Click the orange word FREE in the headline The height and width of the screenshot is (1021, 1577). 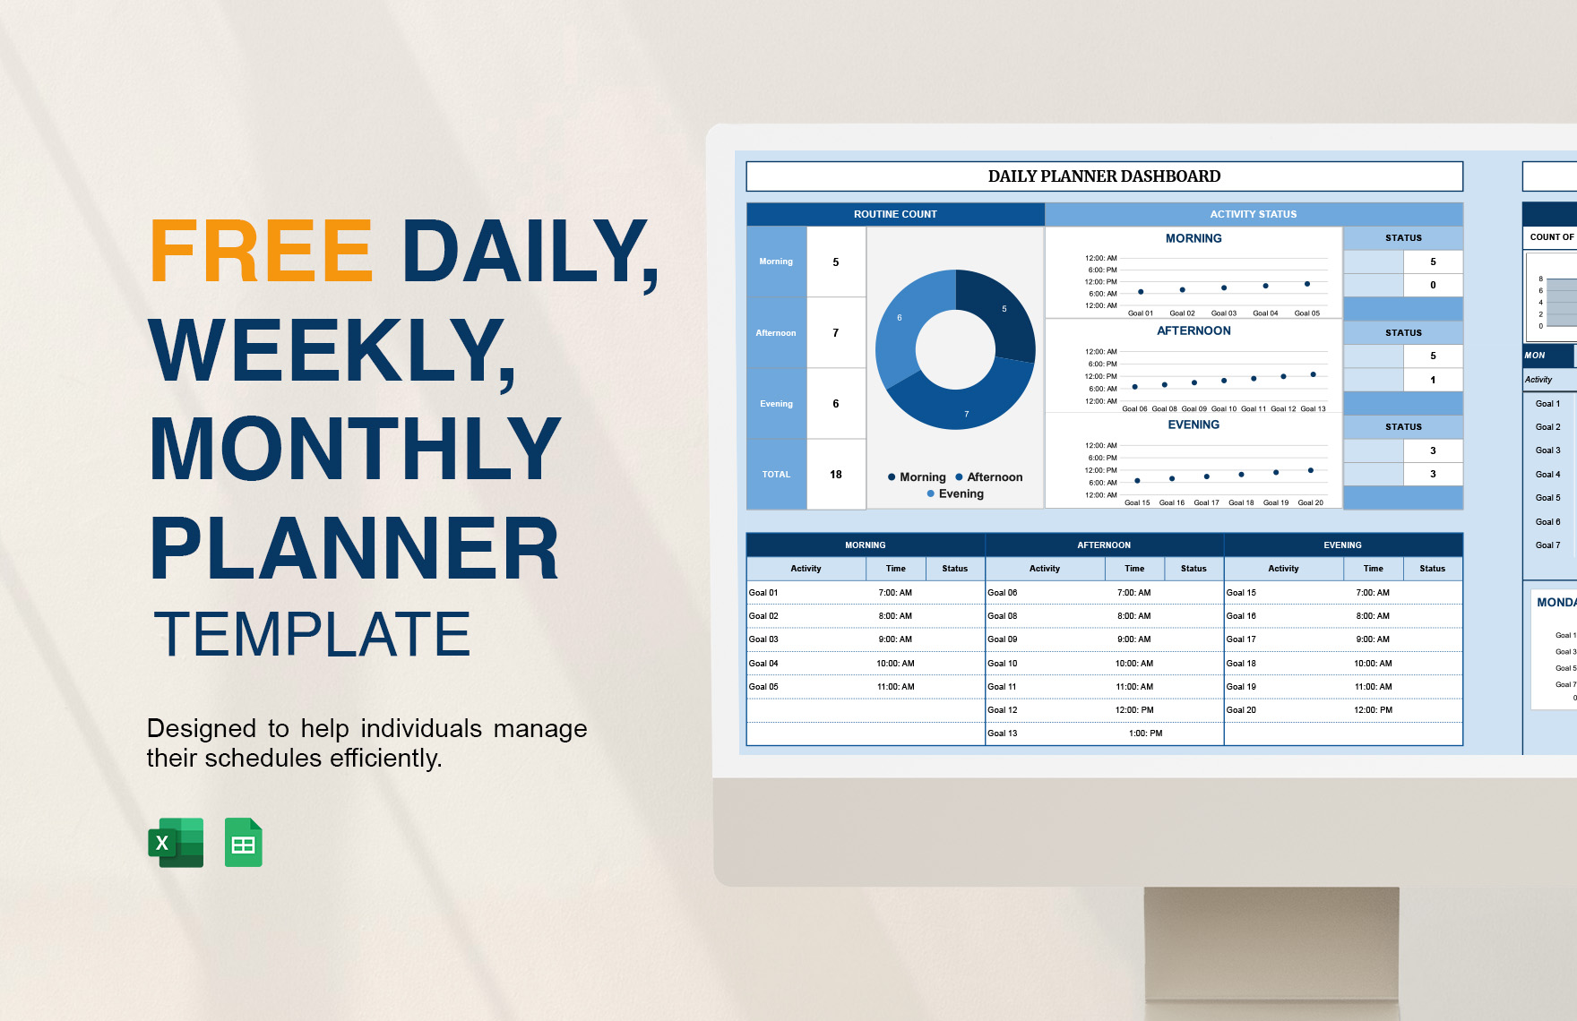click(x=261, y=252)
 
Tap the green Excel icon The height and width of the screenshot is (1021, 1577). click(x=177, y=843)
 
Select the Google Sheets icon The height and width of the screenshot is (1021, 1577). click(x=243, y=843)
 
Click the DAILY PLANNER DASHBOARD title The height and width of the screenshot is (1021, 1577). click(x=1104, y=176)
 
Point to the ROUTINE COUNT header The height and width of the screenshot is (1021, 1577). click(x=895, y=214)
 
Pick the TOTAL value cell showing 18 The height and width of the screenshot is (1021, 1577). click(x=836, y=475)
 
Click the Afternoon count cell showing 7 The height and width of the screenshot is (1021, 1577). click(x=836, y=333)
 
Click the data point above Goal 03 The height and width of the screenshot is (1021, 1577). click(x=1224, y=287)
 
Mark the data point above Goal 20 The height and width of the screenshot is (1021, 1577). click(x=1311, y=470)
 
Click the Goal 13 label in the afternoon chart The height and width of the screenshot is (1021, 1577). click(x=1314, y=409)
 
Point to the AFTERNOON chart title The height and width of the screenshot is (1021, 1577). click(x=1194, y=331)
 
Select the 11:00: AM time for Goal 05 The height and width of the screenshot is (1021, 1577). click(x=895, y=687)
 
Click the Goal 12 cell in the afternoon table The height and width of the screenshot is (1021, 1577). click(x=1003, y=710)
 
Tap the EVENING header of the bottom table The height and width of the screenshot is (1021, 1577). click(x=1342, y=545)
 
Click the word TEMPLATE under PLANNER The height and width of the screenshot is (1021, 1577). click(x=312, y=634)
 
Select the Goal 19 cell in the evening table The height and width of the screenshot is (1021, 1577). click(x=1242, y=687)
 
